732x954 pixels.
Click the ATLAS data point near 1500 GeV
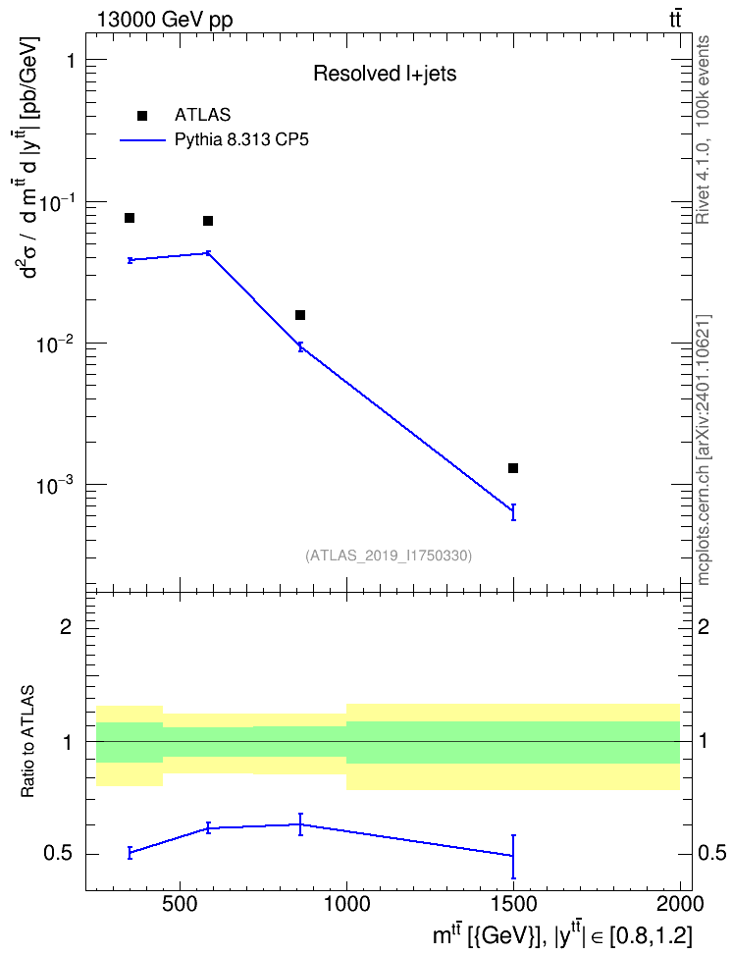click(513, 468)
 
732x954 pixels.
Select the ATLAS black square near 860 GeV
click(300, 314)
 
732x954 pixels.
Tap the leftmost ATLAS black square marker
click(129, 218)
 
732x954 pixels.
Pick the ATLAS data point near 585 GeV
click(207, 220)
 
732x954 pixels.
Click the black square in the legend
click(142, 116)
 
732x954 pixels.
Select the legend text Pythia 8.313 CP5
click(241, 140)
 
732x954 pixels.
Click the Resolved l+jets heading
click(385, 74)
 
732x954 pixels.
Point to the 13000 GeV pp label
click(164, 20)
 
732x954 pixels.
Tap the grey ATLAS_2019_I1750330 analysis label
click(389, 556)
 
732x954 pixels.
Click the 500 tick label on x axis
click(180, 904)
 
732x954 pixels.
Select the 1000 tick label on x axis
click(346, 904)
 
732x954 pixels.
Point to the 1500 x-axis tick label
click(514, 904)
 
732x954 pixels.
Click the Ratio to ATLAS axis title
click(27, 742)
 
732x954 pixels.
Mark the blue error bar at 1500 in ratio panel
click(513, 857)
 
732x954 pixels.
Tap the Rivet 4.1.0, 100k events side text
click(703, 130)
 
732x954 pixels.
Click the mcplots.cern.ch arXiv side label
click(703, 450)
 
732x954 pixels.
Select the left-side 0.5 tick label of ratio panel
click(57, 854)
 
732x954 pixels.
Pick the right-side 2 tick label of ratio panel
click(704, 626)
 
